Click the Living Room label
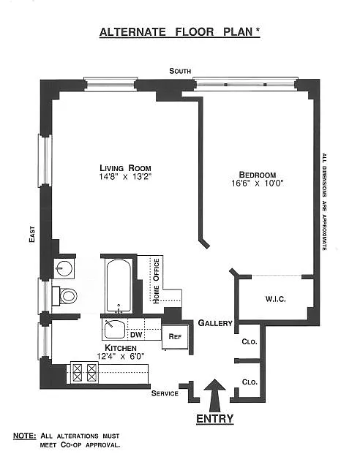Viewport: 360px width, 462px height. [x=125, y=168]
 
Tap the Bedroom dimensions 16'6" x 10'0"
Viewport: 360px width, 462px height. [x=258, y=183]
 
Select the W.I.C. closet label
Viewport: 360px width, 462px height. [x=275, y=299]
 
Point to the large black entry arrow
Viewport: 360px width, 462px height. [x=215, y=395]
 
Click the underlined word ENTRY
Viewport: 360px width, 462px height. [x=214, y=419]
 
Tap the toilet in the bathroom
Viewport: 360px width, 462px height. [x=64, y=296]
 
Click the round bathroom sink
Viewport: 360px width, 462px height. [x=64, y=268]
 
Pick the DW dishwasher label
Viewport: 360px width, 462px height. [x=136, y=335]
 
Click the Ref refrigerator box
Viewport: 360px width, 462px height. [x=175, y=337]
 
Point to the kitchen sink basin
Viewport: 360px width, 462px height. [x=114, y=329]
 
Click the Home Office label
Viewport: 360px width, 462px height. [x=157, y=281]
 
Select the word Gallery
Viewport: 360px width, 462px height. [x=215, y=323]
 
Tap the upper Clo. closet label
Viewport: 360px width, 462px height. [x=250, y=341]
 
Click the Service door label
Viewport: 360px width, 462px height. [x=165, y=393]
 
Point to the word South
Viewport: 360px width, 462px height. [x=180, y=71]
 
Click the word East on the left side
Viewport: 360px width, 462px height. [x=32, y=234]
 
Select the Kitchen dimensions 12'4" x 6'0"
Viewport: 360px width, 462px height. [x=121, y=357]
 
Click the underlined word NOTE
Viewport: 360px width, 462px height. [x=25, y=436]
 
